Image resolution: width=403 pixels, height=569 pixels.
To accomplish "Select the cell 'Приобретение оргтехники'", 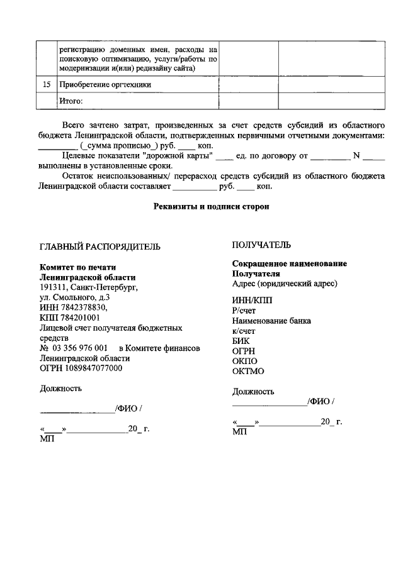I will (105, 84).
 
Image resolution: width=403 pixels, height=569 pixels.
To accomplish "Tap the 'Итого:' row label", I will (71, 100).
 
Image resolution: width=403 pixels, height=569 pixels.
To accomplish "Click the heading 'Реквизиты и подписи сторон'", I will (212, 207).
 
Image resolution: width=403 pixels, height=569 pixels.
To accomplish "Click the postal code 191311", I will (53, 287).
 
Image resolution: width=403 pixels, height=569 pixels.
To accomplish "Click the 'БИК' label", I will (241, 340).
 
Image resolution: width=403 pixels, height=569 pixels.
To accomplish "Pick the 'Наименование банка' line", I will (271, 320).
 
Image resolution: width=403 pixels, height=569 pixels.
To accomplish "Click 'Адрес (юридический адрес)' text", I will (285, 283).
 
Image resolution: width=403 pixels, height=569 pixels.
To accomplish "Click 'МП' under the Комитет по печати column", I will (47, 439).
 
